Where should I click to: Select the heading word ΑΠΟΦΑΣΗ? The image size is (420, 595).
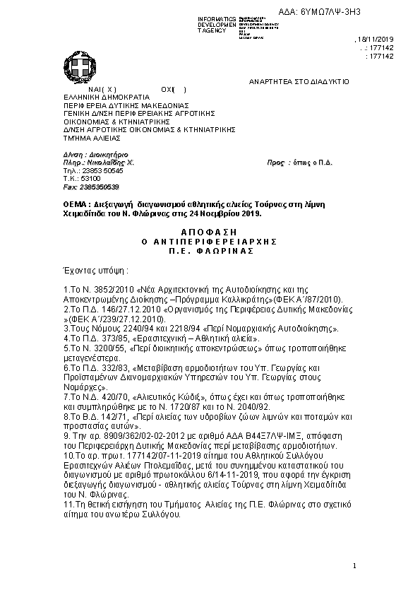(x=210, y=232)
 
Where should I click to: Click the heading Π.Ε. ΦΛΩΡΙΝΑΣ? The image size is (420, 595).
(x=210, y=250)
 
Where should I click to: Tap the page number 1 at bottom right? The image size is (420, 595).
(x=354, y=565)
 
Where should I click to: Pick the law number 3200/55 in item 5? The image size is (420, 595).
(x=112, y=348)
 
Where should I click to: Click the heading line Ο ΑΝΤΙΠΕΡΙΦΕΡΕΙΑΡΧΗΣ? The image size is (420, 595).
(x=210, y=241)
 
